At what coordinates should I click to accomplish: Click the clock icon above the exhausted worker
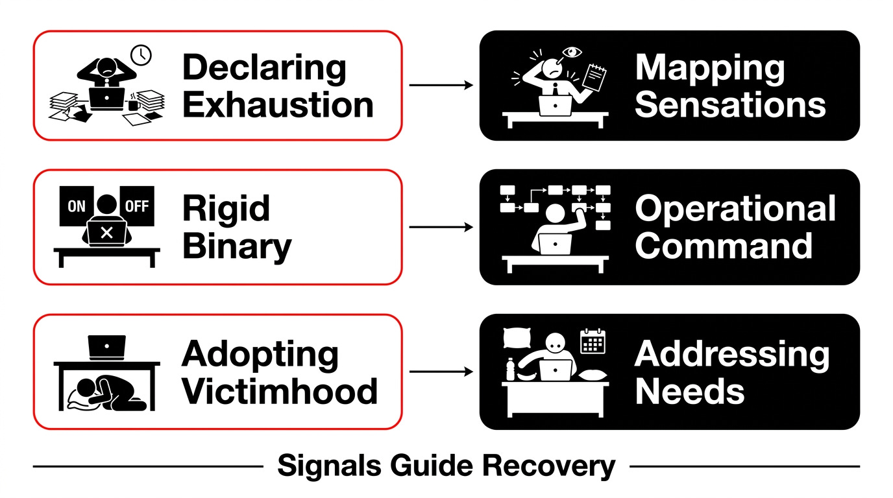click(141, 55)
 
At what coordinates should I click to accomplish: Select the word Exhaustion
click(278, 105)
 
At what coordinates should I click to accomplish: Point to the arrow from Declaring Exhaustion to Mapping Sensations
click(441, 85)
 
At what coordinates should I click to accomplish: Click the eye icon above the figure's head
click(572, 52)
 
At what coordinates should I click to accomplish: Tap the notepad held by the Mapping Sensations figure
click(594, 78)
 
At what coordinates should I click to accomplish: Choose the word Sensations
click(730, 105)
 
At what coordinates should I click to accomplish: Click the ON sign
click(76, 206)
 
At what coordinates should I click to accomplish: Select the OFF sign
click(137, 206)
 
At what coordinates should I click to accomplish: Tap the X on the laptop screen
click(107, 233)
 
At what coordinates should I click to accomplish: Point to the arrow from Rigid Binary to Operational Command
click(441, 227)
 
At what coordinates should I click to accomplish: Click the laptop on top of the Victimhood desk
click(107, 348)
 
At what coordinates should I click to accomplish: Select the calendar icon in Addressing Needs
click(593, 342)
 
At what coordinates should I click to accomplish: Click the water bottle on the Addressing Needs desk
click(510, 369)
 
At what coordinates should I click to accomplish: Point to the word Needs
click(690, 391)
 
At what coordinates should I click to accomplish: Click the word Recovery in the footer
click(548, 466)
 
